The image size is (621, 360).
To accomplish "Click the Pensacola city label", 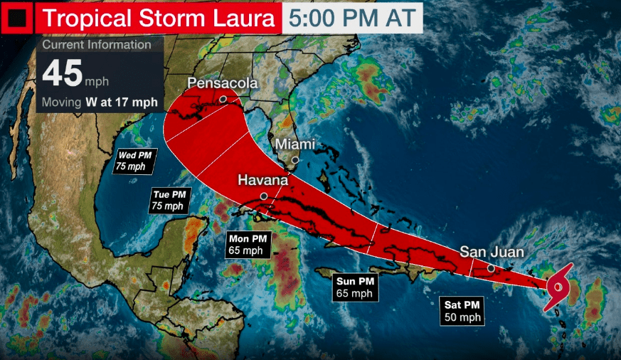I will pyautogui.click(x=222, y=84).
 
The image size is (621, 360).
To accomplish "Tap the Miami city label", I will pyautogui.click(x=294, y=144).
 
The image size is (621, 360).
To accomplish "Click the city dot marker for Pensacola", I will pyautogui.click(x=223, y=100).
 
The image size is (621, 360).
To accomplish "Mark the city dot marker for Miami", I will pyautogui.click(x=295, y=159).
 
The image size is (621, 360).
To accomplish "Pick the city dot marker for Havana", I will pyautogui.click(x=264, y=196).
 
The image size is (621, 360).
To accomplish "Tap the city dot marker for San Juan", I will pyautogui.click(x=491, y=268).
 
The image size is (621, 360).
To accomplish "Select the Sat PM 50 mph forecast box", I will pyautogui.click(x=461, y=311).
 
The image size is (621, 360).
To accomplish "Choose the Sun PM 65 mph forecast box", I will pyautogui.click(x=354, y=287).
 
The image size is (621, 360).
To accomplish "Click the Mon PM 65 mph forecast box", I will pyautogui.click(x=245, y=244).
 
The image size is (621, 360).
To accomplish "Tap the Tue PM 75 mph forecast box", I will pyautogui.click(x=169, y=200).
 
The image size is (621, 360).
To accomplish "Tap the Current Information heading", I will pyautogui.click(x=97, y=45).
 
